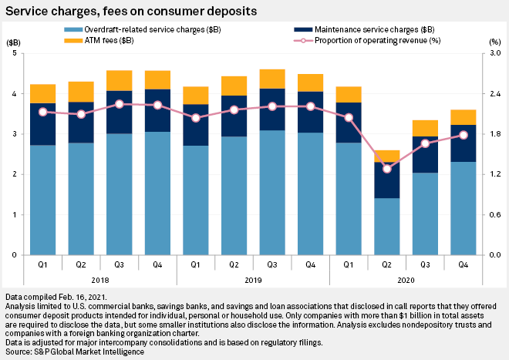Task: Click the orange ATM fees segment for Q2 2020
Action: [387, 156]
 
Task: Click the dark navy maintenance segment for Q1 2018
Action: [43, 123]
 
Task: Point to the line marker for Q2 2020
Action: [387, 169]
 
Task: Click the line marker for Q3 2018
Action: [120, 103]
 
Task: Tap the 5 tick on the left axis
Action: [15, 54]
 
